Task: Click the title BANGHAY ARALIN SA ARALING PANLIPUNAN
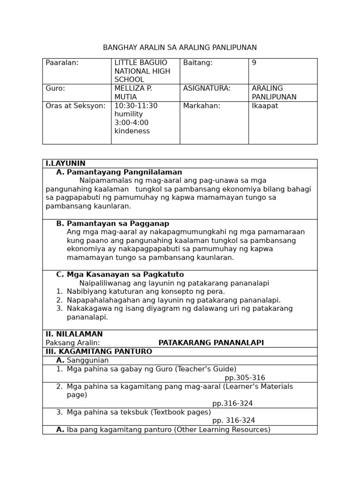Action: (180, 48)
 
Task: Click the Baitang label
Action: (198, 63)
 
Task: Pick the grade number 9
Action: (254, 63)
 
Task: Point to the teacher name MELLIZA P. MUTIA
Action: (133, 93)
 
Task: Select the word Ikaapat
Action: (265, 106)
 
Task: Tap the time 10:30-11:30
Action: (136, 106)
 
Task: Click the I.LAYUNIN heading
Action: (66, 164)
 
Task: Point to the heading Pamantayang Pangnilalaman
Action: (124, 172)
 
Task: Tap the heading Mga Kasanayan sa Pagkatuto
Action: (125, 275)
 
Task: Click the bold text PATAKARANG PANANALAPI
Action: (211, 343)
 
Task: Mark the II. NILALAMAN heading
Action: (74, 334)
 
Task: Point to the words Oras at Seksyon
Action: (75, 106)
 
